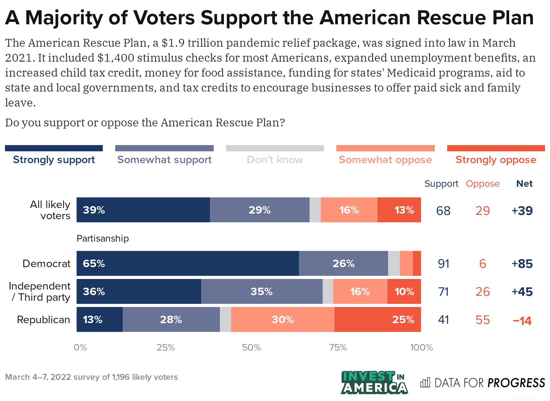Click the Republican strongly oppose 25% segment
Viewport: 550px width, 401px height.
click(x=377, y=319)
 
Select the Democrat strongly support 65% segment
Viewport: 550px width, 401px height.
click(x=187, y=263)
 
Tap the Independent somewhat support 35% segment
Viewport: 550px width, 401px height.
click(x=262, y=291)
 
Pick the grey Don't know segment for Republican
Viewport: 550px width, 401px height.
click(x=225, y=319)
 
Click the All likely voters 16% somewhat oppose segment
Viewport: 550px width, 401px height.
click(x=349, y=210)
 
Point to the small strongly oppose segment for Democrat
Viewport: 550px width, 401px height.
click(x=417, y=263)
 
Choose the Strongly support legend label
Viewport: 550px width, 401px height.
click(x=54, y=160)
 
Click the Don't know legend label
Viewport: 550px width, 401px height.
click(x=275, y=160)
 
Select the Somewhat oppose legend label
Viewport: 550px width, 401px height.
click(x=385, y=160)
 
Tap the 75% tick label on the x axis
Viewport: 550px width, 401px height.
click(x=338, y=347)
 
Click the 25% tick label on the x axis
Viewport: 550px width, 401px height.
click(x=165, y=347)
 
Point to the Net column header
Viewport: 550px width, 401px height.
click(x=524, y=184)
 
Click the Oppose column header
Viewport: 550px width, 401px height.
click(x=482, y=184)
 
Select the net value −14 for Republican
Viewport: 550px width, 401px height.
click(x=522, y=320)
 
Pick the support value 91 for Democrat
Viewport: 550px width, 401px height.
click(x=443, y=264)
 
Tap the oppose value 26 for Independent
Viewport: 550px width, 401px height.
click(x=482, y=292)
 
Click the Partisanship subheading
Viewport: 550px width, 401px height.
click(x=102, y=238)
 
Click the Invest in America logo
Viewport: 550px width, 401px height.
click(x=374, y=382)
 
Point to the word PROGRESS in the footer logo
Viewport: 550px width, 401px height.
click(x=516, y=383)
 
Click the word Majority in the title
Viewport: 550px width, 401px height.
click(x=64, y=18)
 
